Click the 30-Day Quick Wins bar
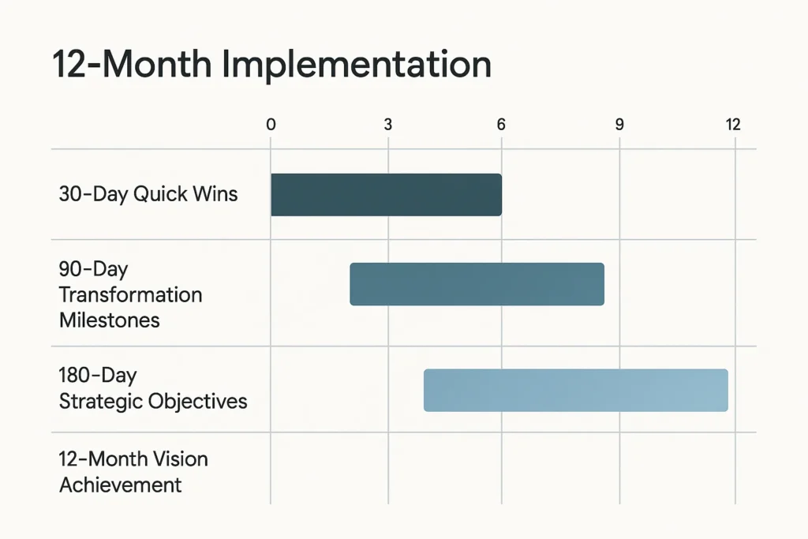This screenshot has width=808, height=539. pos(386,194)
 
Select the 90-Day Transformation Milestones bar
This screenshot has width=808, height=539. pos(477,284)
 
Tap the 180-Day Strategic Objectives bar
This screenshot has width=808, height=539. pos(575,390)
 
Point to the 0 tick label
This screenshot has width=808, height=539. pos(271,125)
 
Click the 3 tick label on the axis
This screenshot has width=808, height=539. pos(387,125)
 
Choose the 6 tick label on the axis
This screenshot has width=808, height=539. pos(500,125)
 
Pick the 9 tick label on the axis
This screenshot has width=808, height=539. pos(619,125)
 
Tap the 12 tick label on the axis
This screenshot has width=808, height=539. pos(733,125)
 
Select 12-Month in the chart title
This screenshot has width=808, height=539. pos(131,65)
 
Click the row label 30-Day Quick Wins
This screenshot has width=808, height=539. pos(148,194)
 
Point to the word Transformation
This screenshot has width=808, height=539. pos(130,295)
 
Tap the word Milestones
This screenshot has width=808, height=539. pos(109,320)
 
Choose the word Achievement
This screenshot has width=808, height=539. pos(120,484)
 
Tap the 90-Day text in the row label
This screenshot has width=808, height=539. pos(92,270)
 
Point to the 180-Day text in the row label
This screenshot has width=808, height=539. pos(98,376)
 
